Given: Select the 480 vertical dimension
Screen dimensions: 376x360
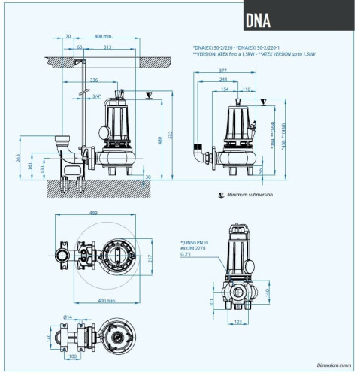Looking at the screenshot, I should (x=160, y=141).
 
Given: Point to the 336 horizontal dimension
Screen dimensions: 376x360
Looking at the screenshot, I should (x=93, y=79).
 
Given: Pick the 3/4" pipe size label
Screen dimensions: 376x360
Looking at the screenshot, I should (x=96, y=96).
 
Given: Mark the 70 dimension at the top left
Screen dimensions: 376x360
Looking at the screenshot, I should (x=68, y=36).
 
